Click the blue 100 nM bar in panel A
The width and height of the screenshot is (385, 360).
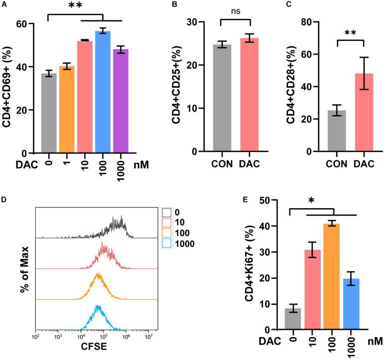(x=103, y=92)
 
